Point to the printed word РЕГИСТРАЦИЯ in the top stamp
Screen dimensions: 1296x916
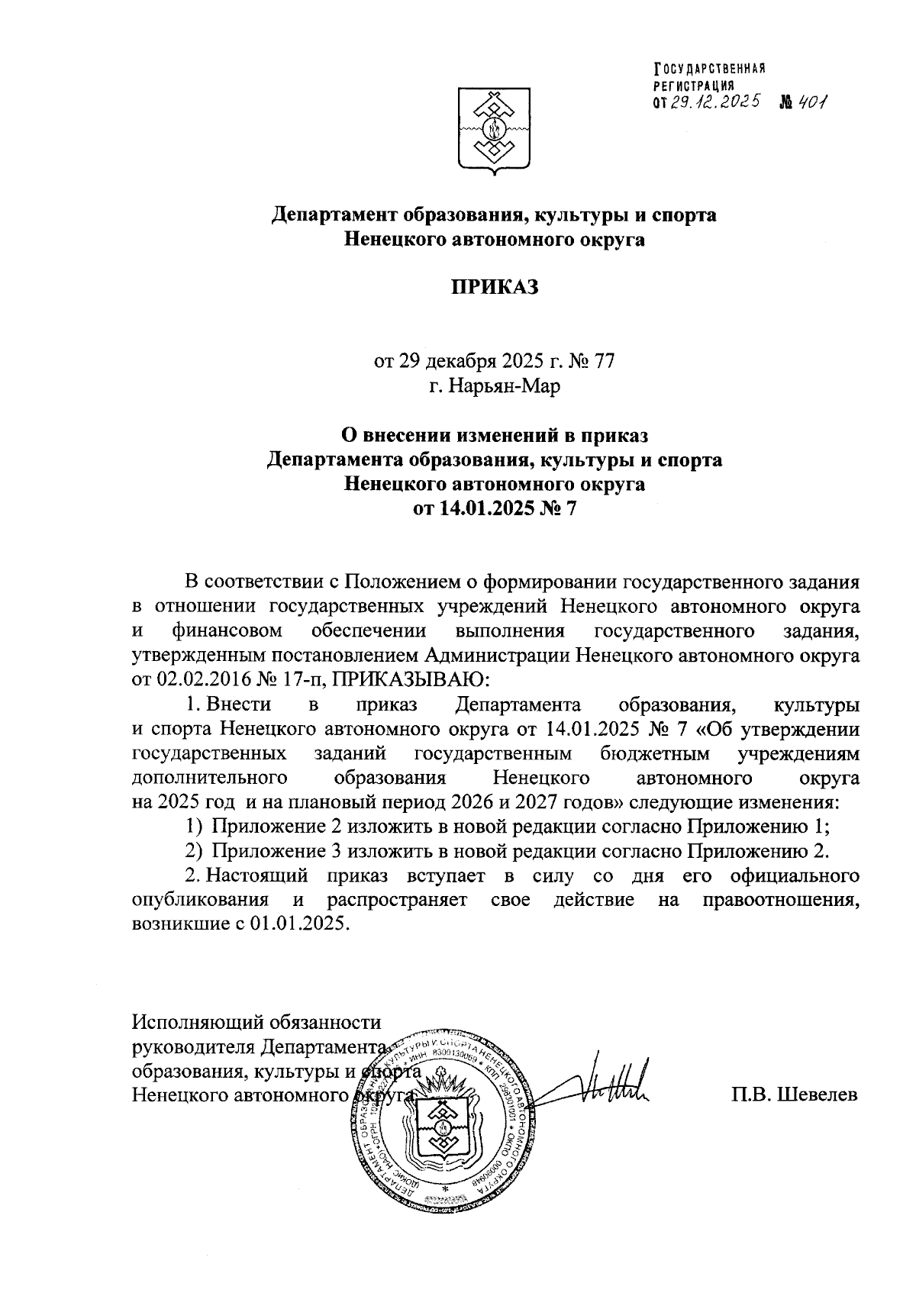coord(693,85)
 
